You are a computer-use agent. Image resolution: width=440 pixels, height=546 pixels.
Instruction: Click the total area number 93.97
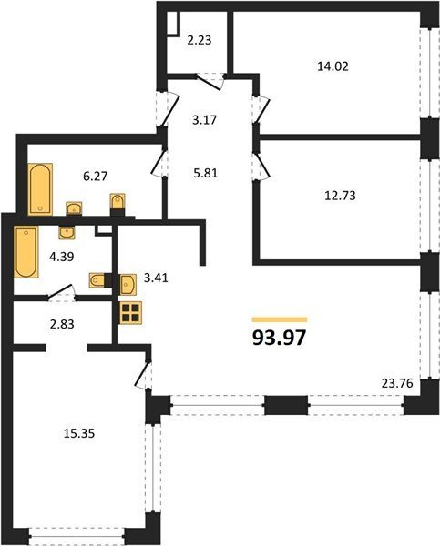click(x=279, y=338)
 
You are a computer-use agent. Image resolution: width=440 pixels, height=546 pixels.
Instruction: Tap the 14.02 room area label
click(x=333, y=66)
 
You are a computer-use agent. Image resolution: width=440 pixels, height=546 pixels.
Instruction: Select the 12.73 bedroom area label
click(x=340, y=196)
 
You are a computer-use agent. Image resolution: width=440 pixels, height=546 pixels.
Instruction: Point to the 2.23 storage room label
click(x=200, y=40)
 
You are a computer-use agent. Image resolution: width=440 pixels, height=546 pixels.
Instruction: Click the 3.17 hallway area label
click(x=204, y=120)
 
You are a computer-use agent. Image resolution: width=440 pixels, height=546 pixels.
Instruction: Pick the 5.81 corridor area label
click(x=205, y=173)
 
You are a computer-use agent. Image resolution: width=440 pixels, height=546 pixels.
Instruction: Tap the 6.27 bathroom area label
click(x=95, y=177)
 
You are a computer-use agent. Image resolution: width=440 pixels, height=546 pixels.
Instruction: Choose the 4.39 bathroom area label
click(x=62, y=257)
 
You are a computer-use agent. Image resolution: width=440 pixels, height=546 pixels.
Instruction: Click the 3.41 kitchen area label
click(x=156, y=278)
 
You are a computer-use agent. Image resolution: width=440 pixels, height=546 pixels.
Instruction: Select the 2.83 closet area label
click(x=62, y=324)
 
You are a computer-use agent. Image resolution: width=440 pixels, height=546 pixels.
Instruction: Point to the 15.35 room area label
click(x=79, y=433)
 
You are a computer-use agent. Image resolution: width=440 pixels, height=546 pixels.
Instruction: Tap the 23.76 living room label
click(x=397, y=383)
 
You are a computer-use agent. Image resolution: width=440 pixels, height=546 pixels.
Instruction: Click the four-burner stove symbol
click(x=130, y=313)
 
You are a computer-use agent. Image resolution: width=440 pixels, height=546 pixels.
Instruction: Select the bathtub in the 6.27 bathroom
click(x=40, y=189)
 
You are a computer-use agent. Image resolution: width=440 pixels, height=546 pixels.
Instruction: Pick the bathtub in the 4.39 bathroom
click(x=26, y=252)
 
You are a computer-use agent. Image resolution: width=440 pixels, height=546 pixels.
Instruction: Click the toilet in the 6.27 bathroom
click(x=118, y=202)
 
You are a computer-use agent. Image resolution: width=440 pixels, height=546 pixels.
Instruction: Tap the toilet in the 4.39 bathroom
click(x=98, y=280)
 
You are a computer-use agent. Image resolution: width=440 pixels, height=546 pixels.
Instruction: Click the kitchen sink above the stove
click(x=128, y=285)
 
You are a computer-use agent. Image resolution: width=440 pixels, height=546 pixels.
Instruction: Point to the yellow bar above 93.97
click(x=280, y=319)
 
